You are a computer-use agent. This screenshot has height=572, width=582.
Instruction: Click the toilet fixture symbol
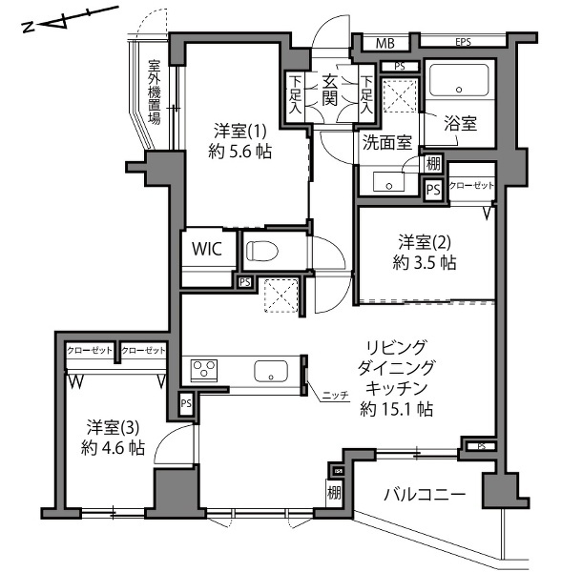click(x=262, y=251)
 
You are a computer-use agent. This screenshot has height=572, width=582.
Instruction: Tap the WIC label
click(x=207, y=249)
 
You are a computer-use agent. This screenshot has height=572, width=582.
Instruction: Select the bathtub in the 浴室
click(x=459, y=80)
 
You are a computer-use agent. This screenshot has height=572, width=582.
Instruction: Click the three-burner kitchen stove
click(x=204, y=370)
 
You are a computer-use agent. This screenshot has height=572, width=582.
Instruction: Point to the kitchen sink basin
click(x=271, y=371)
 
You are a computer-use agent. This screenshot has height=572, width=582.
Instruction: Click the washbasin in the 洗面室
click(x=388, y=181)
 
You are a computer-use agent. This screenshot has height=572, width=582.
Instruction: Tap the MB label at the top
click(x=385, y=44)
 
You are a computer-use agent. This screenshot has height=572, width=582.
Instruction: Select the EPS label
click(x=463, y=42)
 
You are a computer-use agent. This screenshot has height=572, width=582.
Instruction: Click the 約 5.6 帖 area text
click(x=240, y=152)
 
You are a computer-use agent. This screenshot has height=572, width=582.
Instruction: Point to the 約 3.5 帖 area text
click(x=425, y=263)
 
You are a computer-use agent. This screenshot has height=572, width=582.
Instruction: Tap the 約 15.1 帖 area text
click(x=396, y=409)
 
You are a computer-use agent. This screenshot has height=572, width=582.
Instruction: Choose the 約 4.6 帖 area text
click(x=113, y=448)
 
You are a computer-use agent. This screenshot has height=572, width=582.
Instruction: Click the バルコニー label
click(x=425, y=495)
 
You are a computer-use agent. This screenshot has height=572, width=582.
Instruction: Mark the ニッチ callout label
click(x=335, y=396)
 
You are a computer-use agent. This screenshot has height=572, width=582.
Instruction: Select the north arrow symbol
click(x=71, y=19)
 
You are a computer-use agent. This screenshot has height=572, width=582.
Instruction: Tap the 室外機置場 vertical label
click(x=155, y=92)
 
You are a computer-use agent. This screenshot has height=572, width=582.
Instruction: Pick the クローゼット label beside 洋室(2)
click(x=471, y=185)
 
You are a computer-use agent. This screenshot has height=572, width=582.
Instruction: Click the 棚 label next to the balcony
click(x=334, y=494)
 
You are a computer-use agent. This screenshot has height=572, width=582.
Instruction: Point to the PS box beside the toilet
click(x=244, y=282)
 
